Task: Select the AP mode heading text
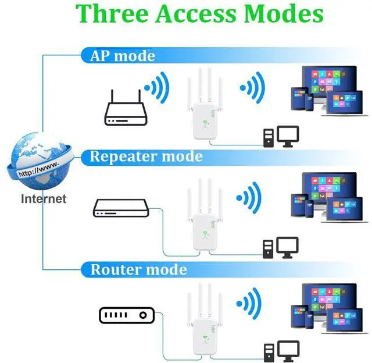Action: [x=123, y=56]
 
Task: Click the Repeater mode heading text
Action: [x=146, y=156]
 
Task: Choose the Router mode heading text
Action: [x=139, y=269]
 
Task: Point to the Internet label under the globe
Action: [x=44, y=199]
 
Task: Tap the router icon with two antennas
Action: [x=126, y=108]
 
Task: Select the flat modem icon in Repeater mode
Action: [x=121, y=208]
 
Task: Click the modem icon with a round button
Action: [x=127, y=315]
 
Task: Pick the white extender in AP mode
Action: [x=205, y=104]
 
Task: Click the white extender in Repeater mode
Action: [x=205, y=214]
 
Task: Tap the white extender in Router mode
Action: [x=205, y=319]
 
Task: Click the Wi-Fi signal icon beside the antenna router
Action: [x=157, y=88]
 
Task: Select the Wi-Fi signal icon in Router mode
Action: [x=249, y=303]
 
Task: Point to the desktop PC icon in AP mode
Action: [x=281, y=137]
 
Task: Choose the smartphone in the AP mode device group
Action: [x=310, y=102]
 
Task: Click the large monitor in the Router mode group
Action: [x=330, y=299]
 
